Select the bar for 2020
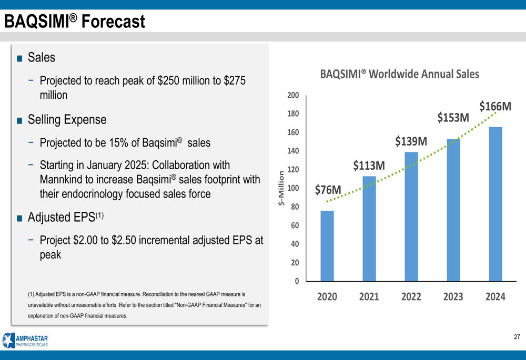coord(327,245)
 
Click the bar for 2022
coord(411,216)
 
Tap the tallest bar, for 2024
coord(495,203)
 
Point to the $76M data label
coord(328,190)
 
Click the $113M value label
coord(369,166)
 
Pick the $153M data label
coord(453,118)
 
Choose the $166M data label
coord(495,106)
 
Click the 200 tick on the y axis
coord(293,95)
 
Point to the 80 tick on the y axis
coord(295,207)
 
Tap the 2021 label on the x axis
coord(369,296)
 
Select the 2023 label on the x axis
coord(453,296)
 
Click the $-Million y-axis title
coord(281,188)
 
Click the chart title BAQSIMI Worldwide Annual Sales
coord(400,74)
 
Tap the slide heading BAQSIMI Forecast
coord(74,22)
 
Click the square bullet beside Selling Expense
coord(19,120)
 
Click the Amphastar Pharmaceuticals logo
coord(25,341)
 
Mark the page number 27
coord(517,337)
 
